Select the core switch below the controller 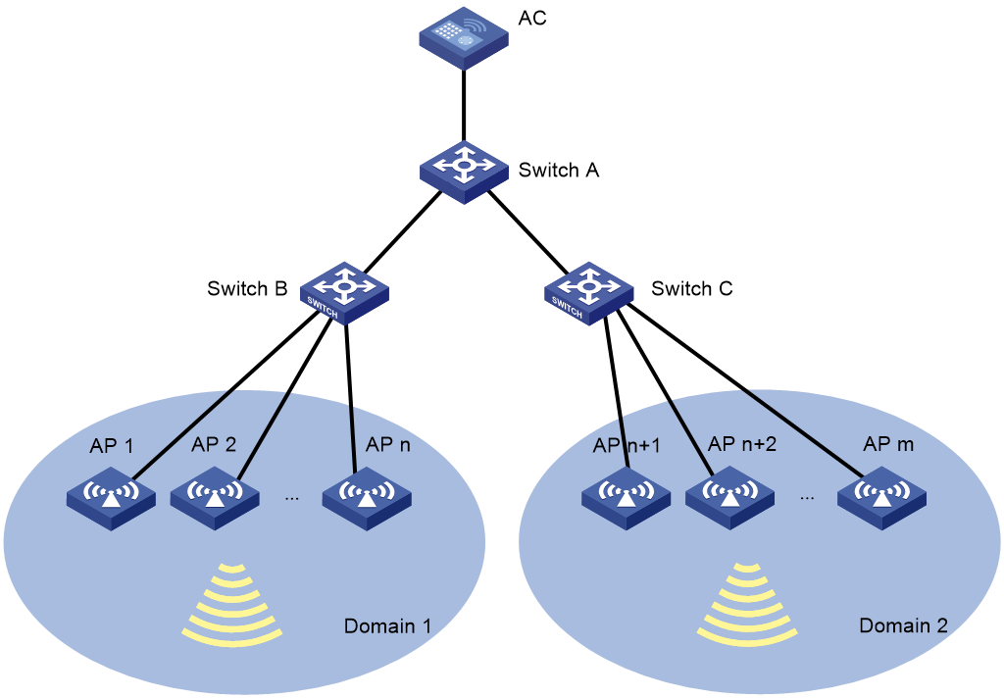pyautogui.click(x=464, y=169)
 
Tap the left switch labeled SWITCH pyautogui.click(x=344, y=292)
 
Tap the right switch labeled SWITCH pyautogui.click(x=588, y=292)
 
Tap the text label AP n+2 pyautogui.click(x=742, y=444)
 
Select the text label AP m pyautogui.click(x=888, y=444)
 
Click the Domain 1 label pyautogui.click(x=387, y=625)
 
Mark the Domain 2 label pyautogui.click(x=903, y=625)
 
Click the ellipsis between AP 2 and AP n pyautogui.click(x=291, y=498)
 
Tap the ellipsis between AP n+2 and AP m pyautogui.click(x=807, y=498)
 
